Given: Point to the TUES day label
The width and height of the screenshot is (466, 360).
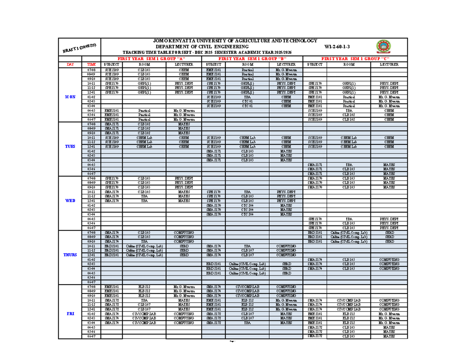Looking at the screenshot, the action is pyautogui.click(x=70, y=147).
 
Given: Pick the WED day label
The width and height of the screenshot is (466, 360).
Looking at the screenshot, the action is pyautogui.click(x=70, y=201).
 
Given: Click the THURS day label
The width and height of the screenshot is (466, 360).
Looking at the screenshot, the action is pyautogui.click(x=70, y=255).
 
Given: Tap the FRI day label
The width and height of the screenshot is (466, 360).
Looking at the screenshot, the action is pyautogui.click(x=70, y=313).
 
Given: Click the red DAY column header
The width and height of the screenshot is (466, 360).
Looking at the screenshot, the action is pyautogui.click(x=70, y=64).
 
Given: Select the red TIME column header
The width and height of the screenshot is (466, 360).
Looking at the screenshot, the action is pyautogui.click(x=91, y=64).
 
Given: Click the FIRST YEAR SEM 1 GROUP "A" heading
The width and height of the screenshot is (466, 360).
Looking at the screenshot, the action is pyautogui.click(x=151, y=58).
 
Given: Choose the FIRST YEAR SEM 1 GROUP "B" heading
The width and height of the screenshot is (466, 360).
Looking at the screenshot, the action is pyautogui.click(x=252, y=58).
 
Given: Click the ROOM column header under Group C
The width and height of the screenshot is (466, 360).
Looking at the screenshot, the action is pyautogui.click(x=348, y=64).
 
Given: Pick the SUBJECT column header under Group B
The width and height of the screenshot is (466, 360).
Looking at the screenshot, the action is pyautogui.click(x=214, y=64).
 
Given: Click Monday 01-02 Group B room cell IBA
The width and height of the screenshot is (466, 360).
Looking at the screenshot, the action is pyautogui.click(x=247, y=97).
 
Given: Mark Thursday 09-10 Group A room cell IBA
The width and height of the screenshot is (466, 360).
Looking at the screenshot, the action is pyautogui.click(x=144, y=242).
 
